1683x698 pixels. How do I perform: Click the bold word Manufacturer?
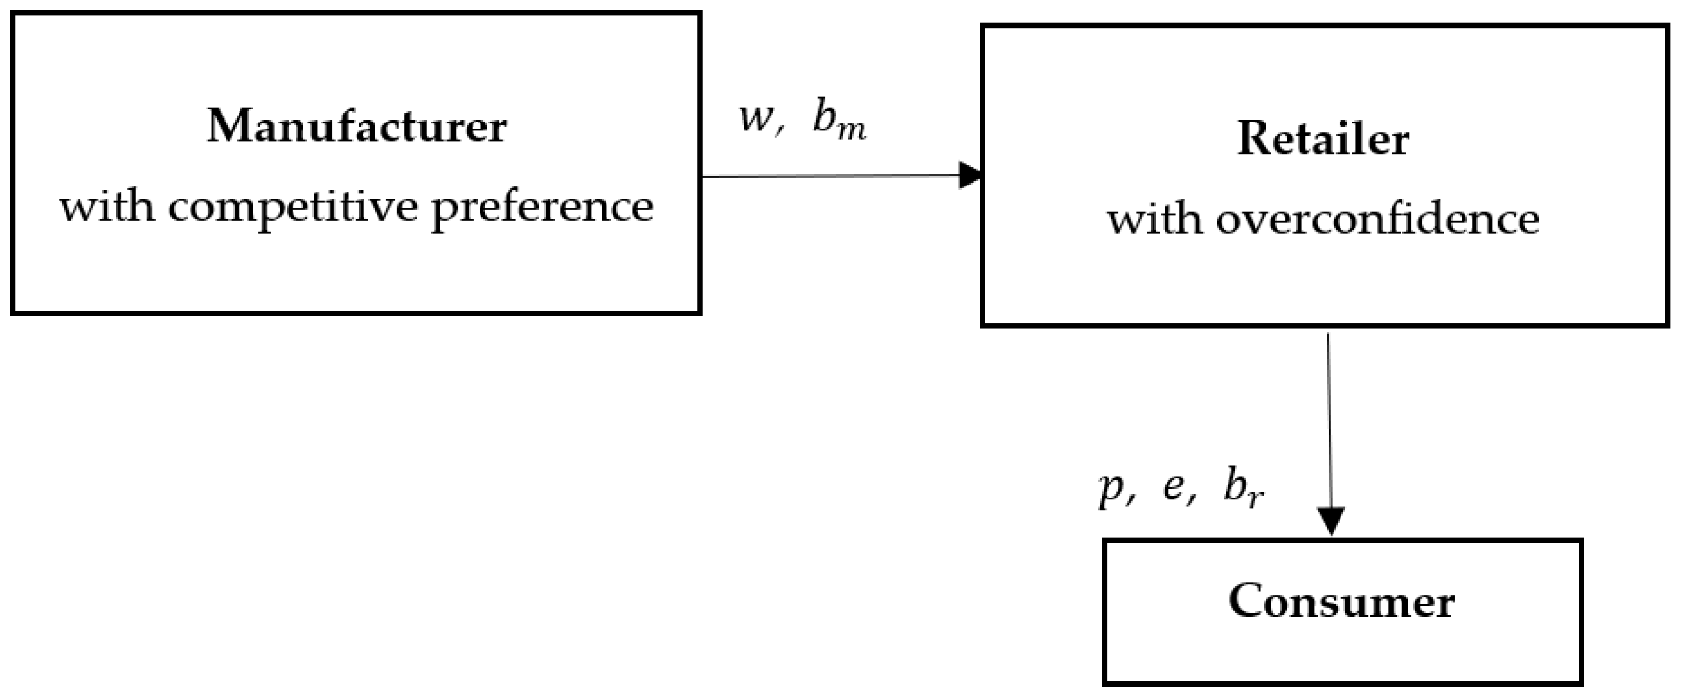357,125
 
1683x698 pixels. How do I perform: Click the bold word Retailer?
1323,139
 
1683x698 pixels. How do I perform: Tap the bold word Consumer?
1341,601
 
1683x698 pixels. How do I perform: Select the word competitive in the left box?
292,208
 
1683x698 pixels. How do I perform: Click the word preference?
542,208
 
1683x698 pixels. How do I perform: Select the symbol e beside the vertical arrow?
1174,487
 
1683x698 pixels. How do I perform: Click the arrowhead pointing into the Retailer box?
969,175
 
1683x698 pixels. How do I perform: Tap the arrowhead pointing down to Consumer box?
1331,520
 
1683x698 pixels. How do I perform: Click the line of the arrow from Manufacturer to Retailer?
830,176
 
